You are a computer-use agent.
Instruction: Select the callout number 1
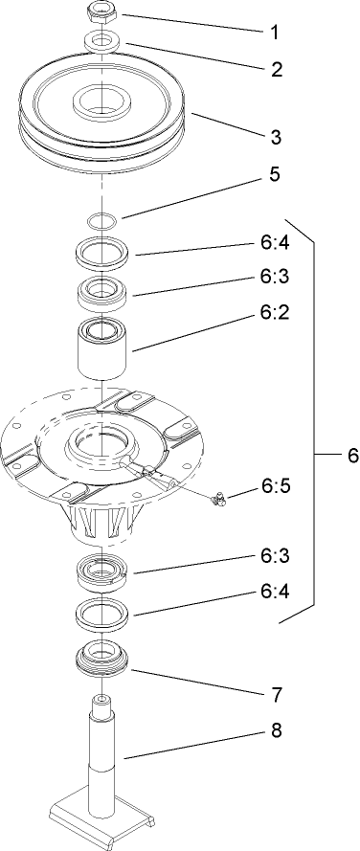[274, 32]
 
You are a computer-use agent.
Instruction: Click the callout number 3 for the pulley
[275, 137]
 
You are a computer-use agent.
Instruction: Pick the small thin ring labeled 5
[101, 221]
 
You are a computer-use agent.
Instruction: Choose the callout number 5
[275, 203]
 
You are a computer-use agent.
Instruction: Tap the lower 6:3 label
[275, 555]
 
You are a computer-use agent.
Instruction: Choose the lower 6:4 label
[275, 591]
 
